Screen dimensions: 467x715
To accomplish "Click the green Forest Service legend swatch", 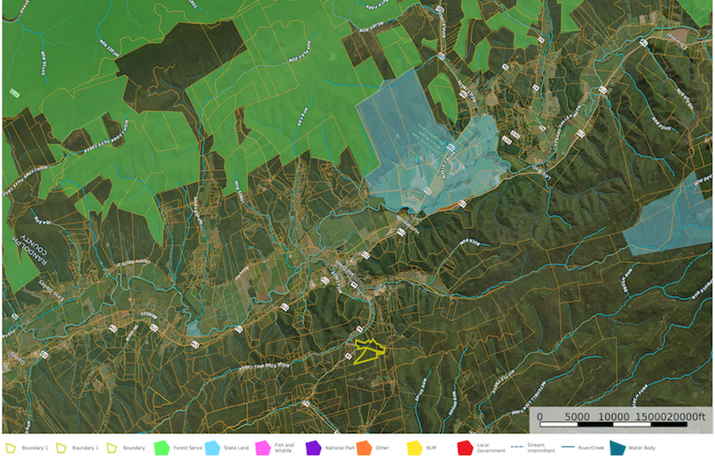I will point(162,448).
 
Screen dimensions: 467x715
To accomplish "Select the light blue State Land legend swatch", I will point(212,448).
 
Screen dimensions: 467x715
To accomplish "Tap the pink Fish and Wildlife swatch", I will point(263,448).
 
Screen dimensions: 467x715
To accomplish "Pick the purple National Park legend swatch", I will point(313,448).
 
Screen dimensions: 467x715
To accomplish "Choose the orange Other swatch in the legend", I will point(364,448).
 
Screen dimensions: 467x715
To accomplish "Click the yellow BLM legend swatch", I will point(414,448).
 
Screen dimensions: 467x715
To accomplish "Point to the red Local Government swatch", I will point(465,448).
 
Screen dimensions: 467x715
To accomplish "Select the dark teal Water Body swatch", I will point(617,448).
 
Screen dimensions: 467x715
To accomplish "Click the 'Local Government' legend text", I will point(490,448).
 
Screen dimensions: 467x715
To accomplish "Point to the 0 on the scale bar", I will point(540,417).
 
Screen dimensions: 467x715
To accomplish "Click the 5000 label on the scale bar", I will point(577,417).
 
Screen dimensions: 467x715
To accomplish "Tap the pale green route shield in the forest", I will point(14,93).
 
